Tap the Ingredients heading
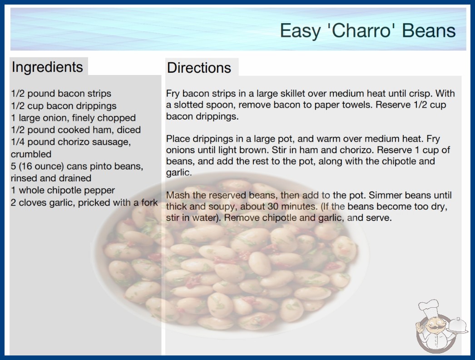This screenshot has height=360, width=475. coord(47,67)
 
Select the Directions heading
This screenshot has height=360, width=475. coord(199,68)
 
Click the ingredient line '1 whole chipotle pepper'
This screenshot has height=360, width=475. coord(63,190)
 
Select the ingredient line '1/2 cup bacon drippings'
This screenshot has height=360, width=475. coord(64,106)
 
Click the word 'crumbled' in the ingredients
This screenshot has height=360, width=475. coord(31,154)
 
